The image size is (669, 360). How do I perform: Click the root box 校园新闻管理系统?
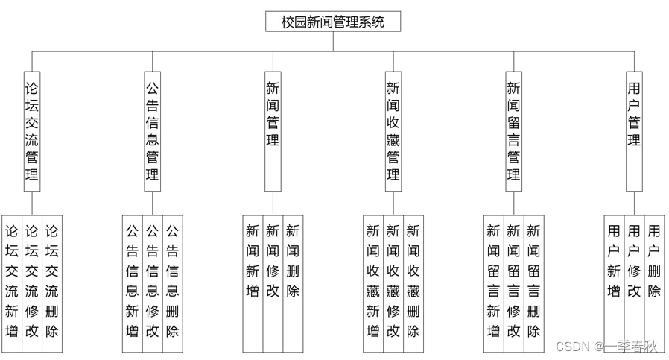332,22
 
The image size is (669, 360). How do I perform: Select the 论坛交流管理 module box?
32,131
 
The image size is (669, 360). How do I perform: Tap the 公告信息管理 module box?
152,131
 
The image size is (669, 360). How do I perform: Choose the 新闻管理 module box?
273,131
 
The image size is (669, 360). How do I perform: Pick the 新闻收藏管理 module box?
393,131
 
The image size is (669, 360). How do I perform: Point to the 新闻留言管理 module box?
513,131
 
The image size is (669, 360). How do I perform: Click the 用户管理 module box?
634,131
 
